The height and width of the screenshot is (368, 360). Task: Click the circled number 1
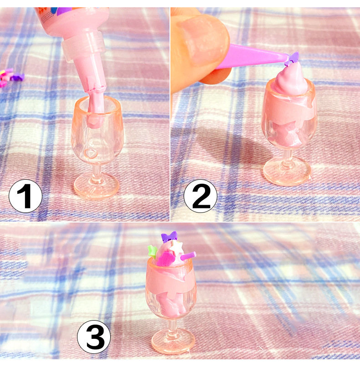25,196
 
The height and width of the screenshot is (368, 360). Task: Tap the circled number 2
201,196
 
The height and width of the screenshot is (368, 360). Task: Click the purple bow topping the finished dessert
169,237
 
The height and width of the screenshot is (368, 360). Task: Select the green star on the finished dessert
152,250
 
